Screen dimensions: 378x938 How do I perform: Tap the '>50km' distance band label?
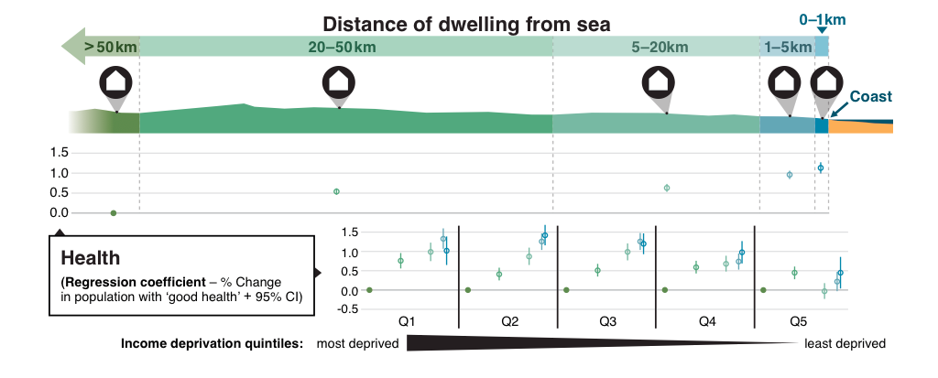111,47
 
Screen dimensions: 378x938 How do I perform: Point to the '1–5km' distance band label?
788,47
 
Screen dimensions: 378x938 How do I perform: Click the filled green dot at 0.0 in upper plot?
114,212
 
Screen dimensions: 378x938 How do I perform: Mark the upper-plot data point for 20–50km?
336,191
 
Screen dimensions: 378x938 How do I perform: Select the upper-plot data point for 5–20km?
667,188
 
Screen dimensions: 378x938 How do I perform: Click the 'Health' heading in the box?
90,258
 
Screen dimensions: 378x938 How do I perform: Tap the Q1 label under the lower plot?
409,322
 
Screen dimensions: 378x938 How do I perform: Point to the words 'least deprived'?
845,344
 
